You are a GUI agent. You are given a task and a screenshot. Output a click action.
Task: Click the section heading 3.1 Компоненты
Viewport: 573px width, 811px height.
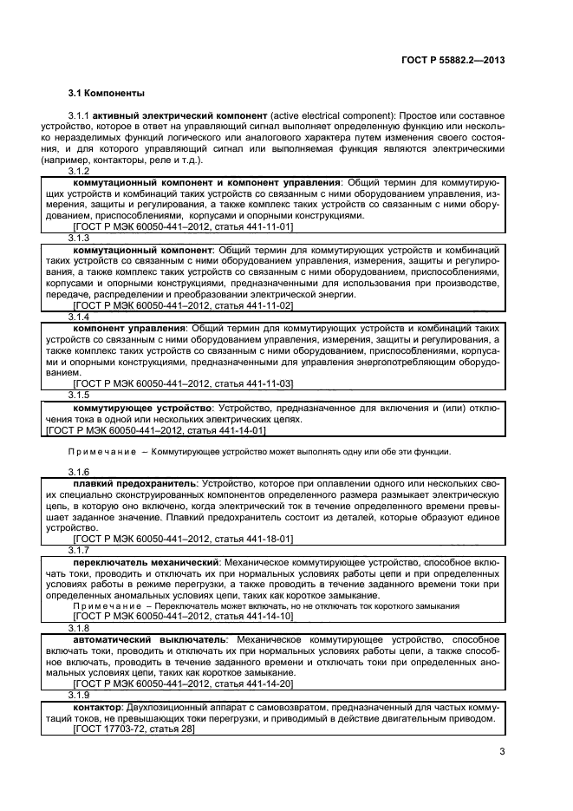pos(107,93)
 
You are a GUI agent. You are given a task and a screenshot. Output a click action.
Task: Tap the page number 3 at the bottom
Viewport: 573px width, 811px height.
pos(502,752)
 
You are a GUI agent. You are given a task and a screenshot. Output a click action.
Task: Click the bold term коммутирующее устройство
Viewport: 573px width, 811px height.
pos(143,408)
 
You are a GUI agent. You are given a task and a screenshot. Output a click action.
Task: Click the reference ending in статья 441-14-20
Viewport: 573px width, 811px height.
pos(184,683)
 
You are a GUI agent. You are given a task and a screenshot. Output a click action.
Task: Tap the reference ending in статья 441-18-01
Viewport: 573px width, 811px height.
pos(184,539)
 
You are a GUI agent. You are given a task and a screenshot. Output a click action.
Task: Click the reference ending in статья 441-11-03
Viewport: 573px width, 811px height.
pos(184,383)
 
